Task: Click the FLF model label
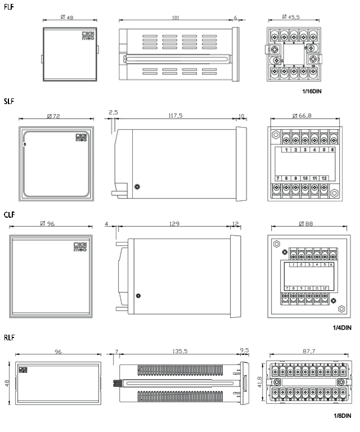click(8, 6)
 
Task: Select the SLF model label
click(8, 102)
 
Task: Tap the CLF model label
click(9, 214)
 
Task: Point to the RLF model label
click(8, 337)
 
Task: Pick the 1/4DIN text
click(342, 327)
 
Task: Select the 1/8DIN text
click(342, 417)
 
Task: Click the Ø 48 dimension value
click(67, 17)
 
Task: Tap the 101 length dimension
click(175, 17)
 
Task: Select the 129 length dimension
click(174, 223)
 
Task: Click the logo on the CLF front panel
click(81, 246)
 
